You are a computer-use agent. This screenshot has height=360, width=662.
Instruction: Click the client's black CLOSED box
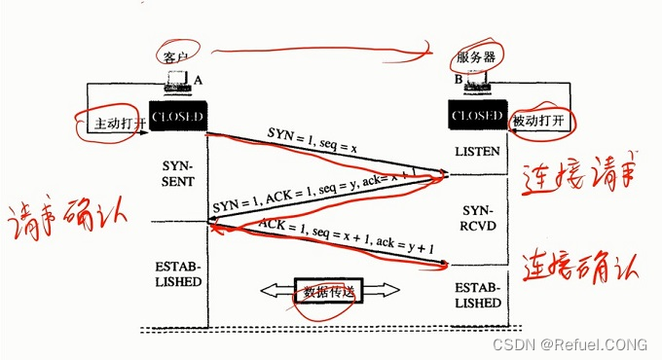pos(177,118)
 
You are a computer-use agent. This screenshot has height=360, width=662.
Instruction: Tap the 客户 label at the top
pos(176,57)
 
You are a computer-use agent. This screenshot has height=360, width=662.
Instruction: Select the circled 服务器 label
pos(477,57)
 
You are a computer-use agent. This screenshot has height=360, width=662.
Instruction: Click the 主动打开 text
pos(118,125)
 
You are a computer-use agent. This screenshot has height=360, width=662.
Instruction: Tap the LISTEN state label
pos(477,152)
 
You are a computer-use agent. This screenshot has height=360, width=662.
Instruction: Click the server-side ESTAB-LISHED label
pos(477,295)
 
